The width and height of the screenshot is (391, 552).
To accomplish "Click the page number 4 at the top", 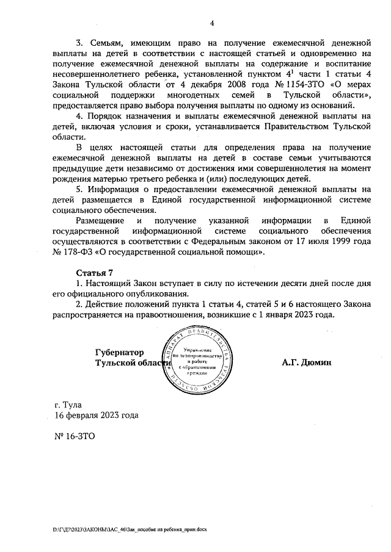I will tap(211, 24).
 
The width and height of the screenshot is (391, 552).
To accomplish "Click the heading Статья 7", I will tap(95, 272).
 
